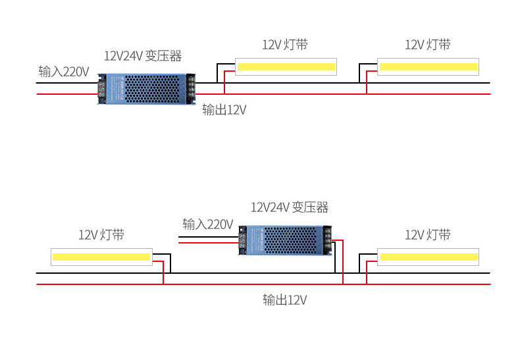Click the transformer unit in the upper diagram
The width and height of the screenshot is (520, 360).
147,88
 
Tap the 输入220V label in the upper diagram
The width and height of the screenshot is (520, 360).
64,72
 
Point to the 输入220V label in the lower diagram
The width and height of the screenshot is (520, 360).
208,224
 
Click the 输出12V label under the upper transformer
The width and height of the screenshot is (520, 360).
224,110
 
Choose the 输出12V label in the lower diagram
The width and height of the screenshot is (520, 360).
285,300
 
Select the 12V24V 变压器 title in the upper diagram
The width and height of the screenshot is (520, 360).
143,55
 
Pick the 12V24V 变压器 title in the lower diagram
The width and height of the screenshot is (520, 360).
290,207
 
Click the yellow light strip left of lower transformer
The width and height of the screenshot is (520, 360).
101,257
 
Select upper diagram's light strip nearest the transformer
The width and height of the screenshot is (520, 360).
286,66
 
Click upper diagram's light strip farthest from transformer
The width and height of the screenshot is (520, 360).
428,66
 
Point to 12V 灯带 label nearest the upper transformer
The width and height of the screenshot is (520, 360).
285,45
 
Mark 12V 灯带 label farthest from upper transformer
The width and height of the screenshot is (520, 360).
428,45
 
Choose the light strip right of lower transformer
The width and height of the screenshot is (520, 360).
428,257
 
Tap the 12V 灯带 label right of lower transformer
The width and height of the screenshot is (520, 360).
428,235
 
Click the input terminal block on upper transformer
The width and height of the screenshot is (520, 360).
102,88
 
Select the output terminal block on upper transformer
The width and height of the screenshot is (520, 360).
191,88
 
